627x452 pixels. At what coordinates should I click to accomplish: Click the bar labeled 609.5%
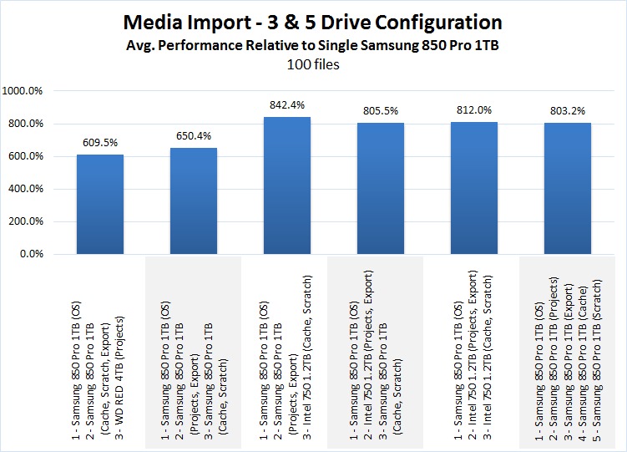(99, 205)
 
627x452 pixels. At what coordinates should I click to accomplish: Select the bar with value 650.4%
(193, 201)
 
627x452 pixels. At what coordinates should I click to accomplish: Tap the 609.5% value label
(99, 143)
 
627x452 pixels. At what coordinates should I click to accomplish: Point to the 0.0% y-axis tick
(37, 254)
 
